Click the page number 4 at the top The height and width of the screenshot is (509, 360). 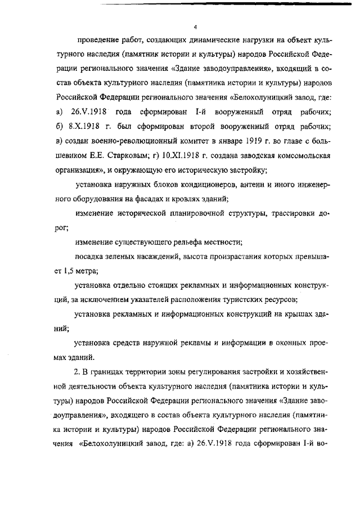[195, 26]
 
